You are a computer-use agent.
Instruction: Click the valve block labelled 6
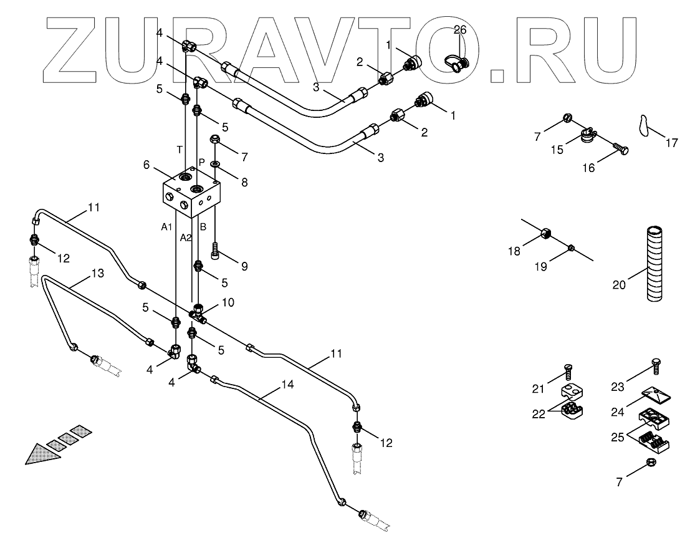[x=190, y=194]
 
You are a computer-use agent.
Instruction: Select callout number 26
[x=460, y=29]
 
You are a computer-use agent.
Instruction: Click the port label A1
[x=166, y=228]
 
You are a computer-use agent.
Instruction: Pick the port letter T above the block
[x=180, y=150]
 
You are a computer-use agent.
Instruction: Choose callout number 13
[x=98, y=272]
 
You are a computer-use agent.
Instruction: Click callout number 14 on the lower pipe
[x=287, y=385]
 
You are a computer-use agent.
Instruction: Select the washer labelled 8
[x=215, y=165]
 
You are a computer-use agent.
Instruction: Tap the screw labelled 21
[x=567, y=372]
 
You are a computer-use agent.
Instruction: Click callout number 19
[x=540, y=266]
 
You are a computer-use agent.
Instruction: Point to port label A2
[x=186, y=238]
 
